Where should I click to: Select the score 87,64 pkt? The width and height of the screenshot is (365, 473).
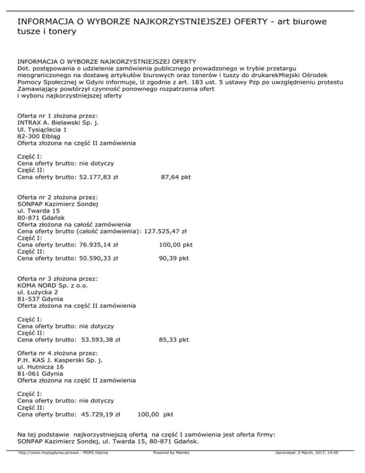[x=176, y=177]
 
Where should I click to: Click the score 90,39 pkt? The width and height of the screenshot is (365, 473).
[x=174, y=258]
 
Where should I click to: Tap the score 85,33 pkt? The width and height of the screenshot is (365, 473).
[x=174, y=340]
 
